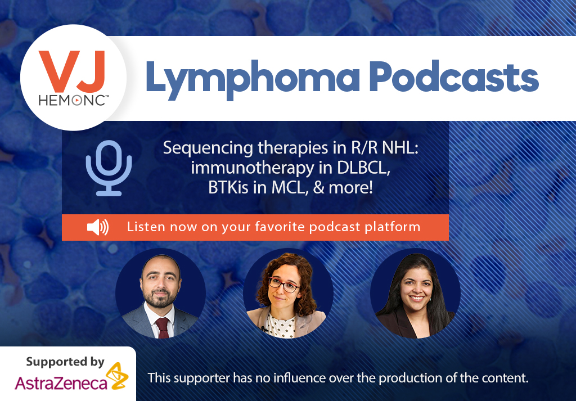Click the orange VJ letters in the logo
point(71,71)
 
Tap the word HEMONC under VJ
point(71,100)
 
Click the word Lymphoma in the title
point(252,79)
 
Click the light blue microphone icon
point(109,168)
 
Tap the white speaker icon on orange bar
point(98,227)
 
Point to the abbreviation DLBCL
point(363,168)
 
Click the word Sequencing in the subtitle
point(208,148)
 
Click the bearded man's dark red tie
point(162,327)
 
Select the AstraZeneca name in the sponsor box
point(61,384)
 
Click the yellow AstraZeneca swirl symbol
point(117,375)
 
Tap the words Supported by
point(65,362)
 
